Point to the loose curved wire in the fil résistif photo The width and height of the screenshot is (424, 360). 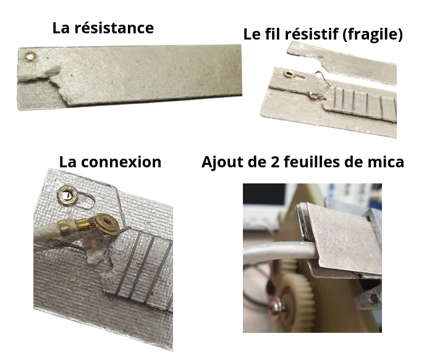(320, 79)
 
